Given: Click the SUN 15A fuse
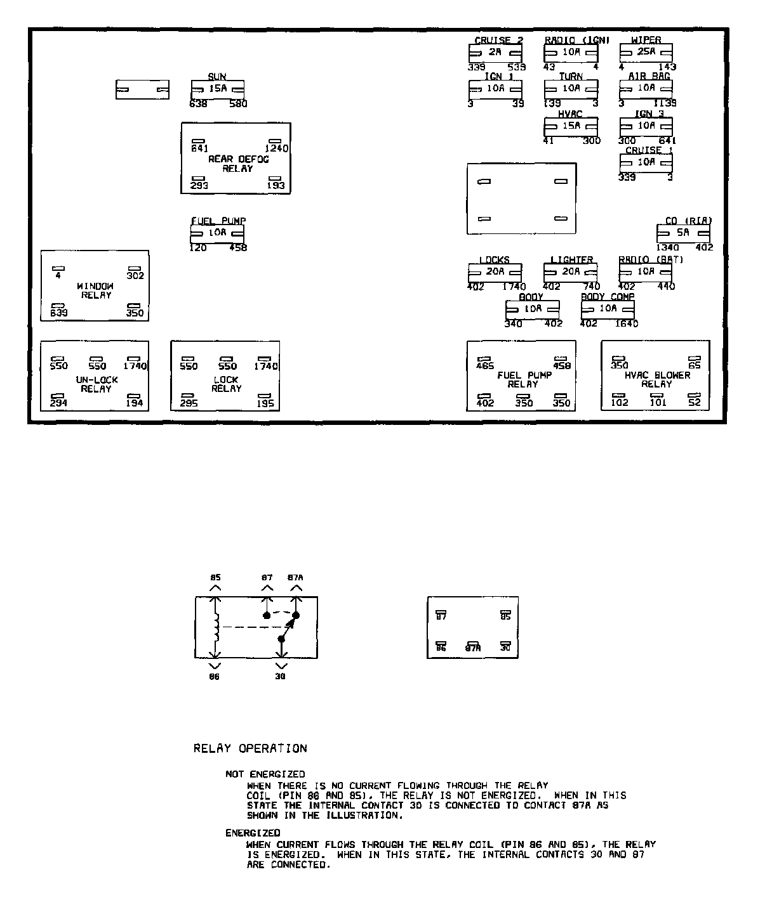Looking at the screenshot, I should point(218,89).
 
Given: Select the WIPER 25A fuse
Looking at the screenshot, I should point(646,53).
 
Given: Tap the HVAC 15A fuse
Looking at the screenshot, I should point(571,126).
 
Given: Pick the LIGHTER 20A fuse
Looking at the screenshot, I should point(570,272).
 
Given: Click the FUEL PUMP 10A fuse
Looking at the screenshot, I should point(217,233).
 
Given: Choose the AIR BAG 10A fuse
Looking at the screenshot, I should point(646,89).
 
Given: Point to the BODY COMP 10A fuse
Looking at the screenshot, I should point(608,309).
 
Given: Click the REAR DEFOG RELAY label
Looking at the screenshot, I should point(238,164).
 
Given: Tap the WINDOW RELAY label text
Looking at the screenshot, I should point(96,290).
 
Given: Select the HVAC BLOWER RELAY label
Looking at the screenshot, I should point(656,379).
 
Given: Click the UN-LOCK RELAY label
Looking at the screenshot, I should point(96,384).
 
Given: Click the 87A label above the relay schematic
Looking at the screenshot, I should point(295,578).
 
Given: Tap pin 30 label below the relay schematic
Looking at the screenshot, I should point(280,676).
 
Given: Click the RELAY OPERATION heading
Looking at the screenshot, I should point(250,748).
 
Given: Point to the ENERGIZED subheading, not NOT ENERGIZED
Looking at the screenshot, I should point(253,833).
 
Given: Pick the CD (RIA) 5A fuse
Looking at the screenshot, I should point(682,233).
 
